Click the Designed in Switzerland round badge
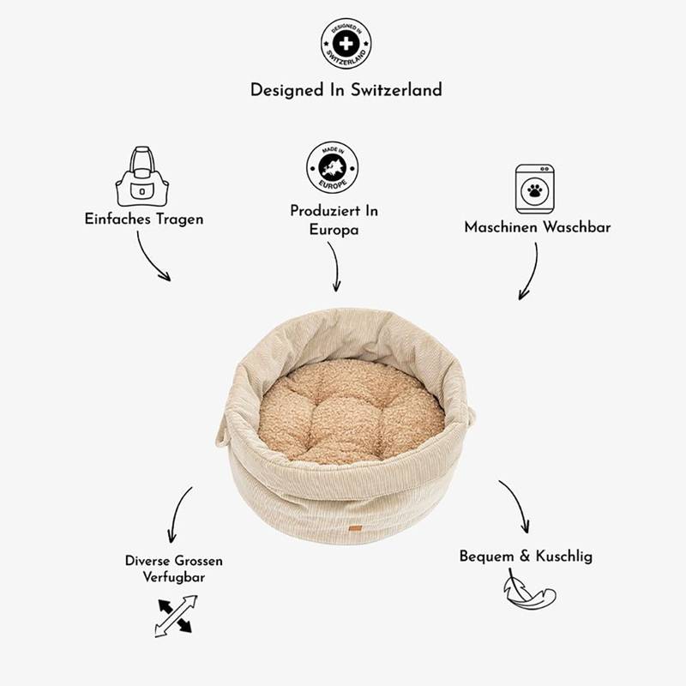tap(346, 44)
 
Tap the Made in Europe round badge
tap(333, 167)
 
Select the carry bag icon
tap(142, 177)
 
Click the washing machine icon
tap(534, 189)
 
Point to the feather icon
tap(528, 590)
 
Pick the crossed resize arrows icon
tap(176, 616)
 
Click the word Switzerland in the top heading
tap(396, 90)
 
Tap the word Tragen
tap(180, 220)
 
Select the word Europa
tap(334, 230)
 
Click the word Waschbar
tap(576, 227)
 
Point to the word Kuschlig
tap(564, 557)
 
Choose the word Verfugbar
tap(174, 577)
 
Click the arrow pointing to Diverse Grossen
tap(177, 513)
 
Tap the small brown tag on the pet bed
tap(353, 528)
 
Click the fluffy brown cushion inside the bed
tap(351, 411)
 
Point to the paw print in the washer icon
tap(534, 190)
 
